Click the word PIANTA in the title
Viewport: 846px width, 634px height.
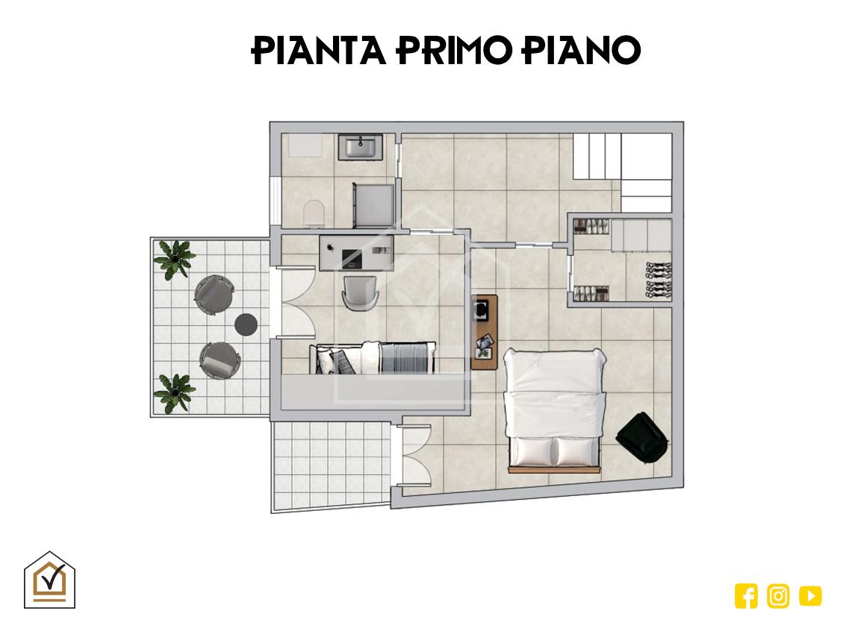319,51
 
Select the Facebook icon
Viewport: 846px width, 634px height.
746,596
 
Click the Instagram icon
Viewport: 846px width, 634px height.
778,596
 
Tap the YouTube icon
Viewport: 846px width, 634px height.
810,596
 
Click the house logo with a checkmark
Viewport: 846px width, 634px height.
49,580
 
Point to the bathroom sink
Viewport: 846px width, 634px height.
361,147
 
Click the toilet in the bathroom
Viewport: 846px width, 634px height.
314,214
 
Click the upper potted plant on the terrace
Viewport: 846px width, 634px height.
174,259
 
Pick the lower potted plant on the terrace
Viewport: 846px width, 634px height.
173,393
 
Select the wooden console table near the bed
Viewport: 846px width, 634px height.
484,332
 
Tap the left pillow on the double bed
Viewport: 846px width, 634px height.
532,451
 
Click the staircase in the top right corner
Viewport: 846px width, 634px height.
623,172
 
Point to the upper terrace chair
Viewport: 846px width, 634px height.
214,295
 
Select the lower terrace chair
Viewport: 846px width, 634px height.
220,360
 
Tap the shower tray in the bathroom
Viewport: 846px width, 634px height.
373,205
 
